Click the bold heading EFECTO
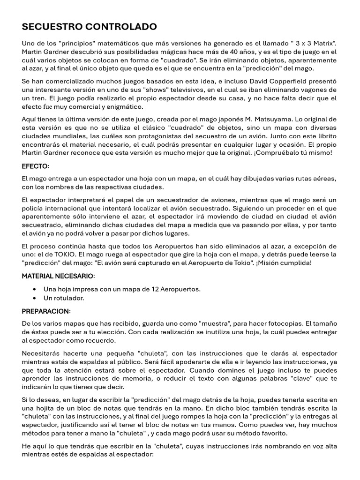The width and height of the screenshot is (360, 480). click(35, 166)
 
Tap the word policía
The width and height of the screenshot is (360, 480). click(33, 208)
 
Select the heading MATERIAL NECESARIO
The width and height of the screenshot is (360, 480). click(58, 276)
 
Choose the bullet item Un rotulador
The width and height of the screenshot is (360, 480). click(64, 298)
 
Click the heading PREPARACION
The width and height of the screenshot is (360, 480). click(45, 311)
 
